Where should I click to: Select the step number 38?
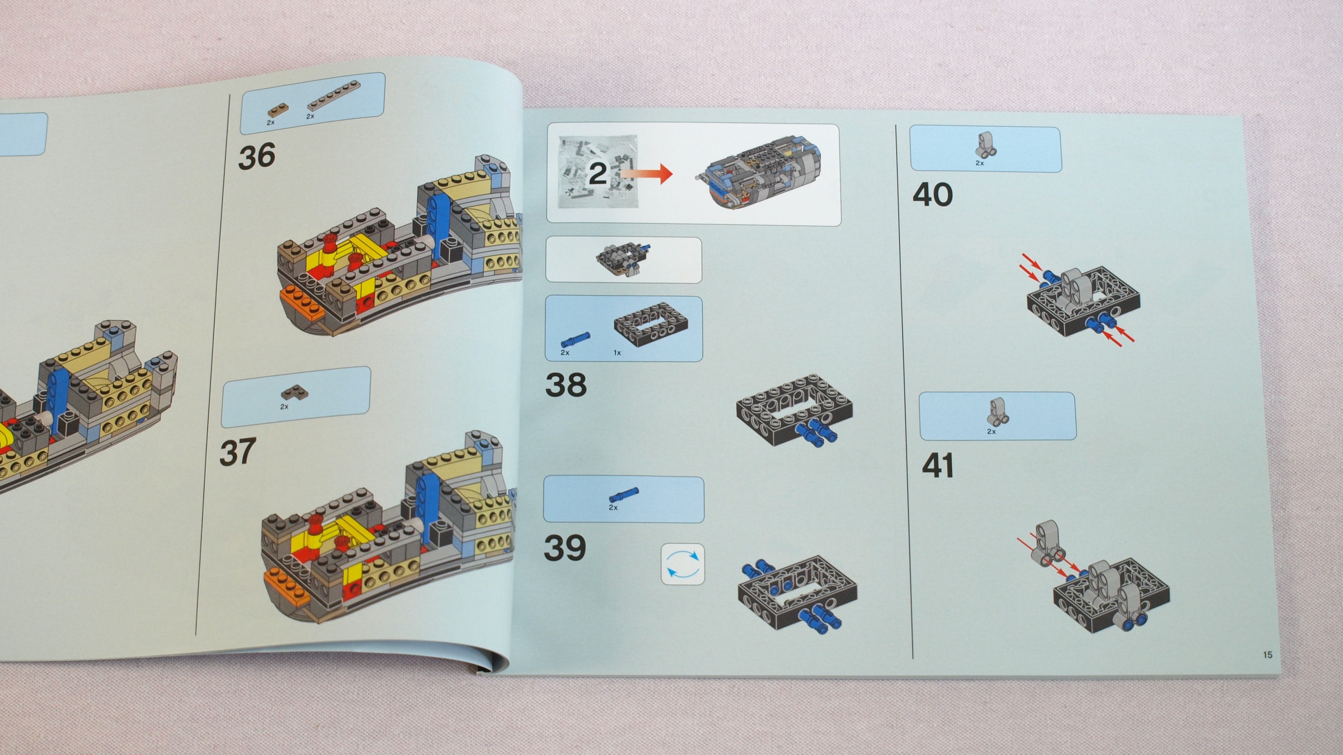[x=566, y=385]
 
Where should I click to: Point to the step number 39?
[x=565, y=548]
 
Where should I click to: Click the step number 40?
[x=933, y=194]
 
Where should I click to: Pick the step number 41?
[x=938, y=465]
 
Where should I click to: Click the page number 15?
[x=1268, y=654]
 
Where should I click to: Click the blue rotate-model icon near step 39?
[x=682, y=564]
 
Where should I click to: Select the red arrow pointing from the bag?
[x=646, y=174]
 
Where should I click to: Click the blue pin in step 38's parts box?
[x=575, y=339]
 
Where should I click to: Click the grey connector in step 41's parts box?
[x=997, y=413]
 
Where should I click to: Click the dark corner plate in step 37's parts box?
[x=294, y=392]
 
